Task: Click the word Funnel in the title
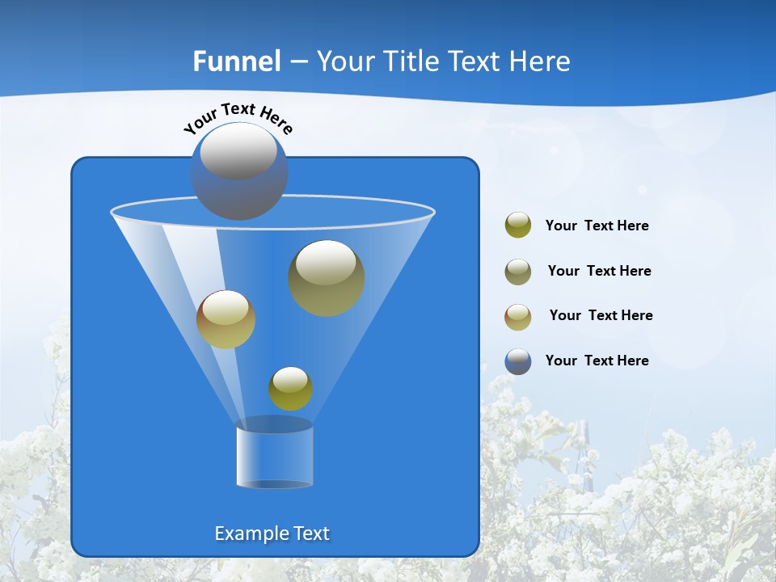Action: [237, 61]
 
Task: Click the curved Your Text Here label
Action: [238, 118]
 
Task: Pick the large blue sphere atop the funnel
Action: [239, 171]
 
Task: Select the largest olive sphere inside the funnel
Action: [327, 277]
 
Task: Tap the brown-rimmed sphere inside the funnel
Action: [226, 319]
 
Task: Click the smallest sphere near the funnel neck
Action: [290, 388]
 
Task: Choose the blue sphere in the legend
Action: [518, 361]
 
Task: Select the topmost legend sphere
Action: [518, 225]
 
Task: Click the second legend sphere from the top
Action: [518, 271]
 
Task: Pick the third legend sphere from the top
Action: [518, 316]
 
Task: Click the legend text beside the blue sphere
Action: [597, 361]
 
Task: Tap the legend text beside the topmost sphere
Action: [597, 226]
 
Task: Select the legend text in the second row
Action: [599, 271]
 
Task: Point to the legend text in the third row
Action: [601, 315]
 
